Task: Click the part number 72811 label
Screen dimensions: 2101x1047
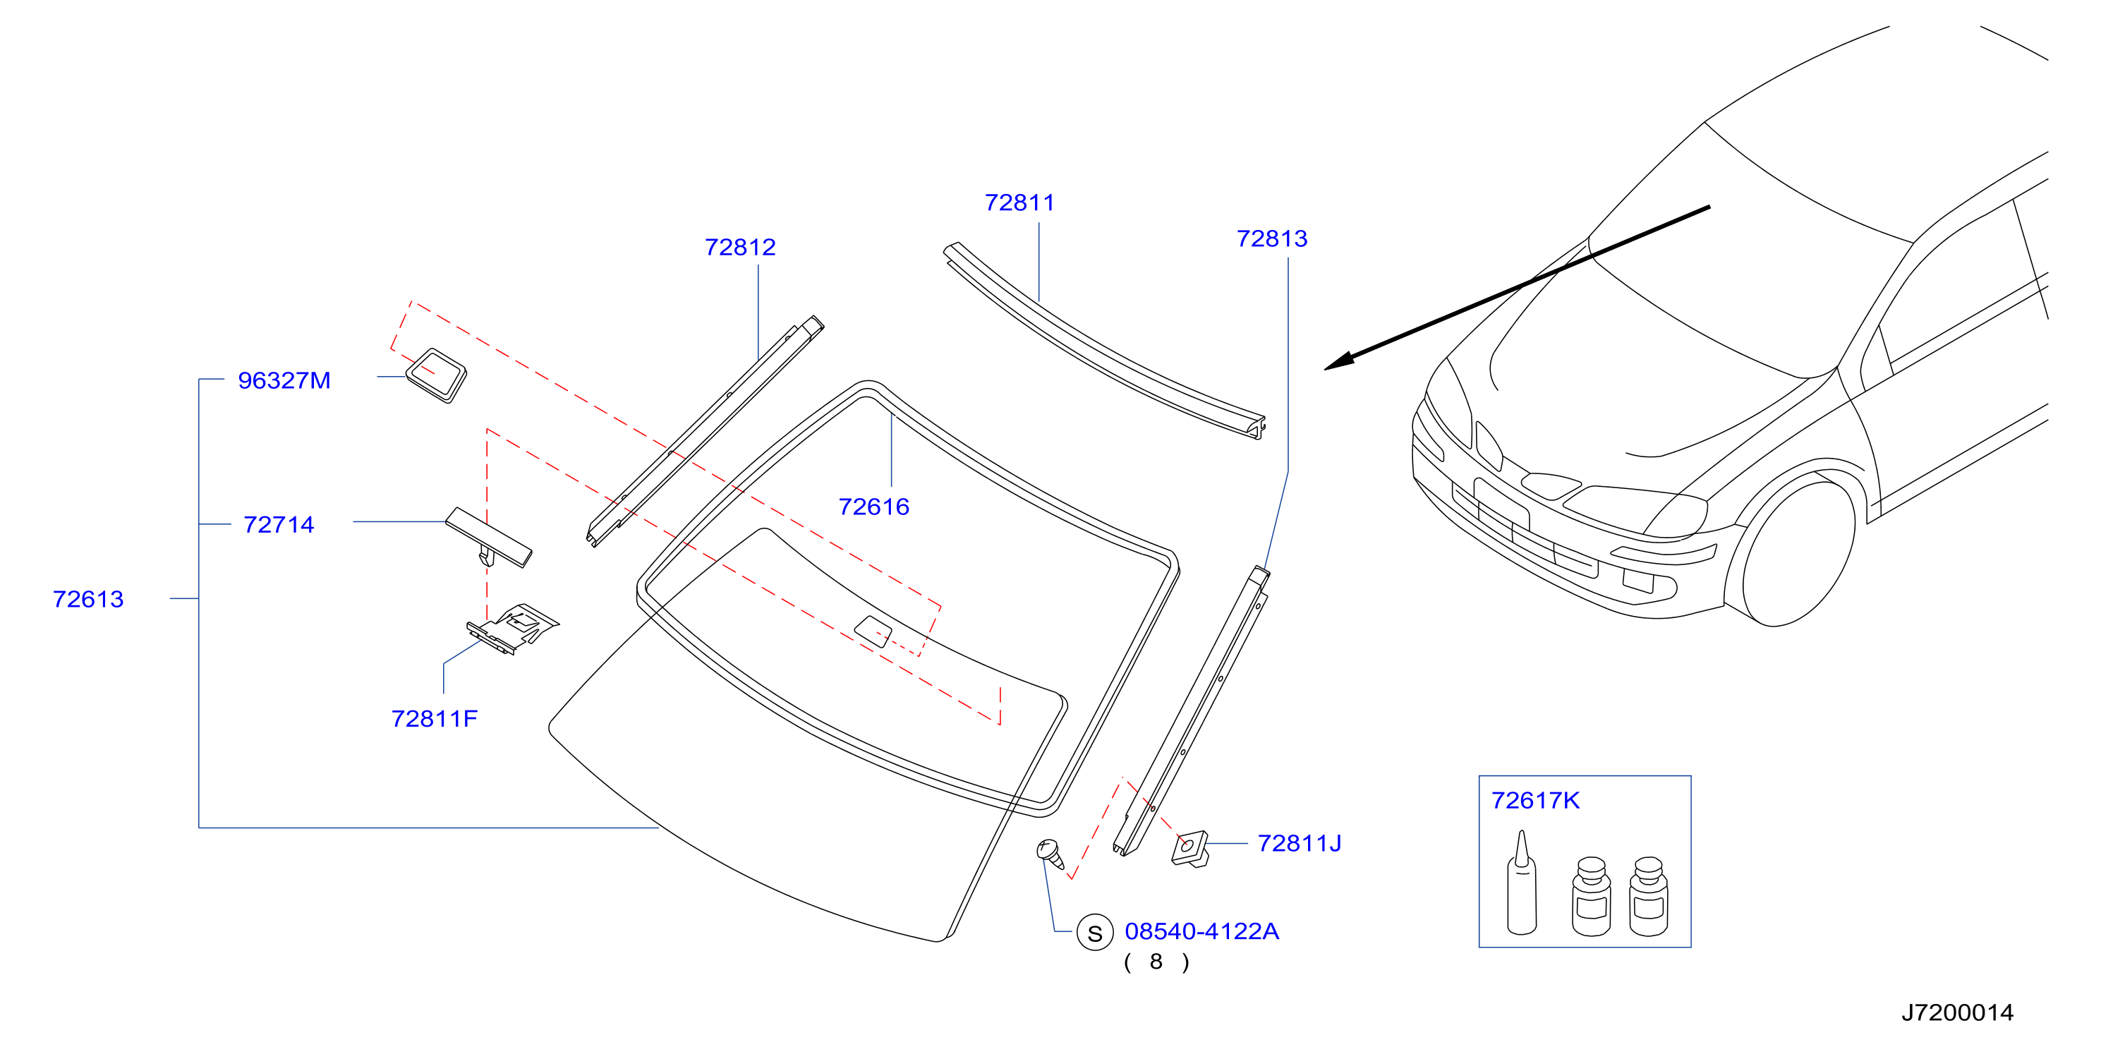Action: point(1019,202)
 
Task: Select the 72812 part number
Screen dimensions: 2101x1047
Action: point(740,247)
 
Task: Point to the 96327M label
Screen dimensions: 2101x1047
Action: point(284,380)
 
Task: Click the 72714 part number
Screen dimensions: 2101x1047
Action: point(278,524)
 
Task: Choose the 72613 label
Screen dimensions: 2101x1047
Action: point(88,599)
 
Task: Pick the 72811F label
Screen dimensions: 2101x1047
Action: point(434,718)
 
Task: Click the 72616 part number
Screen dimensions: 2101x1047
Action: point(873,507)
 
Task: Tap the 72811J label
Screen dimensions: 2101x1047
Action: point(1300,843)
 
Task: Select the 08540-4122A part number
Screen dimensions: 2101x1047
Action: point(1201,931)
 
